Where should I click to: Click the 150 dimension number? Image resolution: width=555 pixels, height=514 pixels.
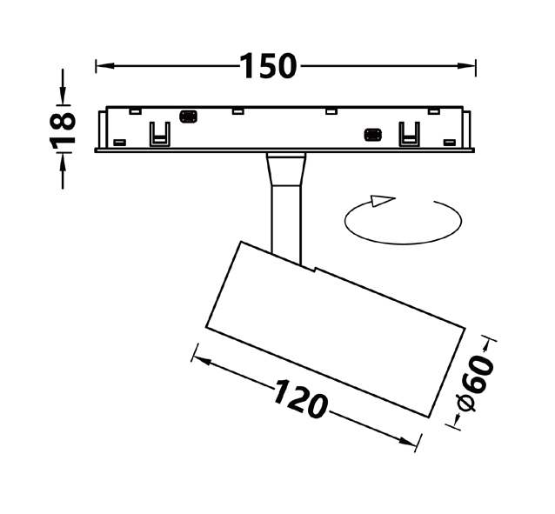click(268, 66)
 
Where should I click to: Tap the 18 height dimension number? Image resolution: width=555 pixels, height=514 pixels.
click(63, 129)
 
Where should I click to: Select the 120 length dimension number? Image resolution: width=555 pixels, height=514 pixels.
click(299, 398)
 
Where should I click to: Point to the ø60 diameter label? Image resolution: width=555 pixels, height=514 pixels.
click(475, 384)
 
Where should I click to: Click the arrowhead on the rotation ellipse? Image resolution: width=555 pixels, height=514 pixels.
click(382, 200)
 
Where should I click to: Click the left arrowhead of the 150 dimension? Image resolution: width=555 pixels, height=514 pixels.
click(105, 66)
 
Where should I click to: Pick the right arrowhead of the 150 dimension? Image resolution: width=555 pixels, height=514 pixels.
click(466, 66)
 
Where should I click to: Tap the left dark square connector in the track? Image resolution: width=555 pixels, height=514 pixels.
click(188, 117)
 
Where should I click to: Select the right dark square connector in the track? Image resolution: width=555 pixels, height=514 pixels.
click(373, 135)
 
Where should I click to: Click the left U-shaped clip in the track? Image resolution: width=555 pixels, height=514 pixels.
click(160, 134)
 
